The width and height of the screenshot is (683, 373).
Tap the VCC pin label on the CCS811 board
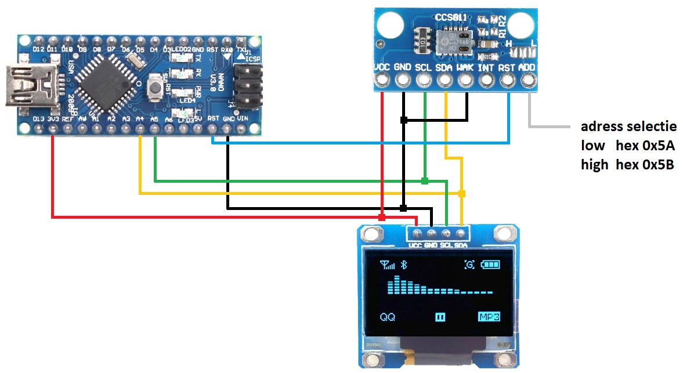click(382, 68)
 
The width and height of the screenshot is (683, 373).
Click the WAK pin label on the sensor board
click(465, 68)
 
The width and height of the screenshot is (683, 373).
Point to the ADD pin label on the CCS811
click(527, 68)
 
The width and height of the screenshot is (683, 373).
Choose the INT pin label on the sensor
click(486, 68)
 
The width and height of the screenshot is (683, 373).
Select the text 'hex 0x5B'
click(644, 164)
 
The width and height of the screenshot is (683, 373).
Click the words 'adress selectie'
click(628, 126)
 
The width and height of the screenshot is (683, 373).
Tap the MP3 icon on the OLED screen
click(489, 317)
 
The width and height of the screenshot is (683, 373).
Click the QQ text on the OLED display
click(387, 317)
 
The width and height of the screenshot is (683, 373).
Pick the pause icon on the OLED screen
click(440, 317)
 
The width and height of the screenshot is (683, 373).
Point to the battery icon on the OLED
click(490, 265)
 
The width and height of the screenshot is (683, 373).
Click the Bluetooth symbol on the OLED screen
click(406, 265)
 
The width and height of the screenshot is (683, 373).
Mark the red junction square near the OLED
click(382, 217)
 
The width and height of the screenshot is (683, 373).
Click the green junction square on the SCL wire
click(425, 181)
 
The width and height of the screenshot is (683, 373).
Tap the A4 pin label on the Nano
click(139, 119)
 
